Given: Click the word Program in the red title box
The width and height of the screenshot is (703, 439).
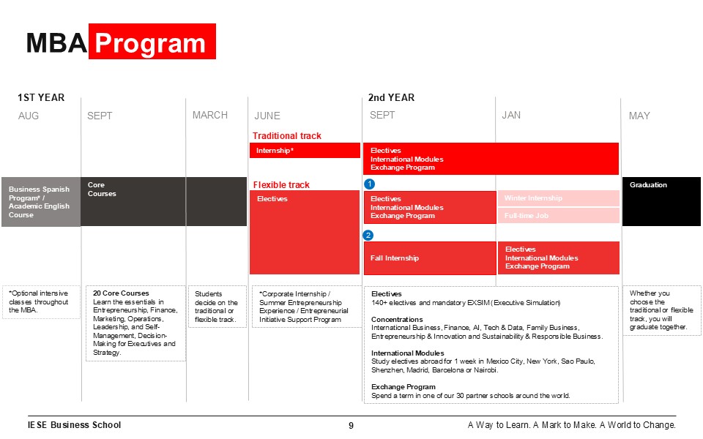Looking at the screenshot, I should point(151,43).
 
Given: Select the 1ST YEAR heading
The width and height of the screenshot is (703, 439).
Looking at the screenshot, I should point(41,97).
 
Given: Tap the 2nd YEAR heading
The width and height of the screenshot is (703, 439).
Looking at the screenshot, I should point(391,97).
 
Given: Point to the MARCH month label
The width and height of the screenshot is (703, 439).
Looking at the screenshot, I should point(210,115).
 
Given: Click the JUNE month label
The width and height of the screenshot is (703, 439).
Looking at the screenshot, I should point(267,116).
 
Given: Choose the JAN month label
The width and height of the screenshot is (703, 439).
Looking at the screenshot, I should point(511,115).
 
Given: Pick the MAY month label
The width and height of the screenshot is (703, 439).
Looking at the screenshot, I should point(639,116).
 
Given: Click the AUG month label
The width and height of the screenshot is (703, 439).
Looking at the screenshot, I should point(29,116).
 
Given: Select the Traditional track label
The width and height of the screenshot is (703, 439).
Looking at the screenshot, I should point(287,135).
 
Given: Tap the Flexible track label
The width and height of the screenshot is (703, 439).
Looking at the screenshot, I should point(281,185).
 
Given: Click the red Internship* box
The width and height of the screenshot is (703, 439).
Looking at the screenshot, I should point(305,151).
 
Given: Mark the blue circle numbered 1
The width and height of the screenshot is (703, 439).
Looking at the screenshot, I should point(369,184).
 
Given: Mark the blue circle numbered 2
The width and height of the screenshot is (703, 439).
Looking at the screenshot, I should point(368,235).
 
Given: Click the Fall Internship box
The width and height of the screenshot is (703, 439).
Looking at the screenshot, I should point(430,258).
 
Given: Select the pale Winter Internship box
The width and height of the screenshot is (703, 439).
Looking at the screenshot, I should point(558,198).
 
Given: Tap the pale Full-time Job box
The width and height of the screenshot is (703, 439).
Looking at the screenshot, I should point(558,216).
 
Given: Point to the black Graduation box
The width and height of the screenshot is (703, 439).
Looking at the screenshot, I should point(661,201).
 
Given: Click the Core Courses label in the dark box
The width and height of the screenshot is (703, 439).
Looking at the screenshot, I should point(102,190).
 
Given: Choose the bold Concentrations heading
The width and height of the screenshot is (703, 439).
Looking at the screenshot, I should point(397,319).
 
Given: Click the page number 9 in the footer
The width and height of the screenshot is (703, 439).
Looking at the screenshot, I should point(351,425).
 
